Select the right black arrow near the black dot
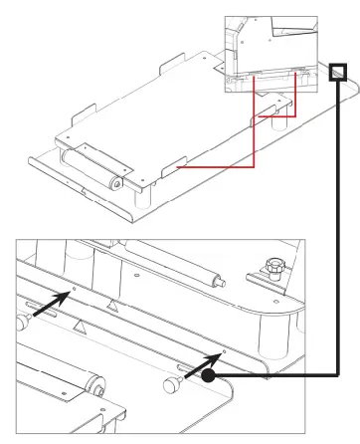tap(204, 361)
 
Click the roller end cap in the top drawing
tap(115, 183)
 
